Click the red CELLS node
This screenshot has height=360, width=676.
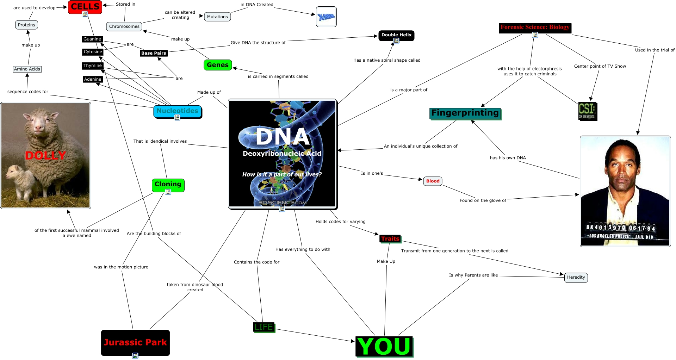point(85,7)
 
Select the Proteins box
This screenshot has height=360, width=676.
point(26,25)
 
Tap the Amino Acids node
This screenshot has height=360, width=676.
point(27,69)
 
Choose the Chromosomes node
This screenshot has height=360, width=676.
point(124,26)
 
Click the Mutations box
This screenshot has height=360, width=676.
point(217,17)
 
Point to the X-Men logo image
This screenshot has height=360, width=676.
point(326,17)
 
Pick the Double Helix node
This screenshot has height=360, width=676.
point(396,35)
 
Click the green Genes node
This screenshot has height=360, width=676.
point(218,65)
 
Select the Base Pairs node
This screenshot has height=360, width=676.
point(154,53)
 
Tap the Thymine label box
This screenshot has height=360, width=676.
point(93,66)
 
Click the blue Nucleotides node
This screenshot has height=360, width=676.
point(177,111)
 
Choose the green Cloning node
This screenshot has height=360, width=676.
point(168,184)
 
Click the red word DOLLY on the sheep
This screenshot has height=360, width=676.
point(45,155)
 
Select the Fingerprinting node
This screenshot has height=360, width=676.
point(465,113)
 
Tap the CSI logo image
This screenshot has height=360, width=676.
point(587,111)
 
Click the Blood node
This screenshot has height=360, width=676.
point(433,181)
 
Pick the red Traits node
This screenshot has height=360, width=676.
point(390,239)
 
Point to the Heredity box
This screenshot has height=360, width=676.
point(576,277)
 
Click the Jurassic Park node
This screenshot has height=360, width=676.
point(135,342)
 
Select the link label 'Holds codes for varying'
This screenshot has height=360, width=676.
point(340,222)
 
